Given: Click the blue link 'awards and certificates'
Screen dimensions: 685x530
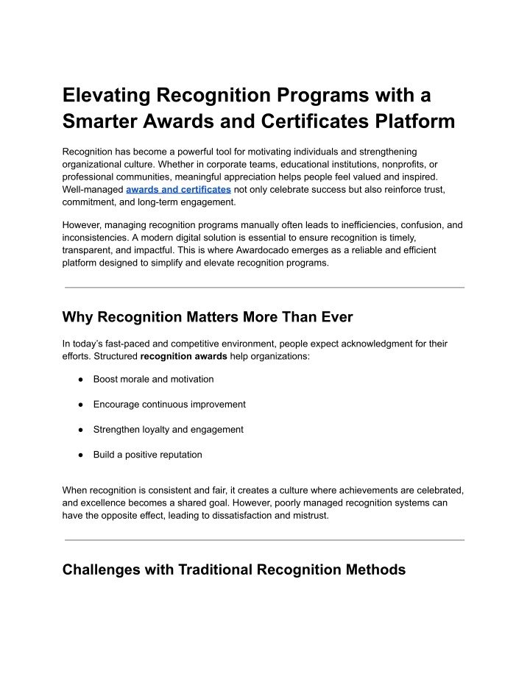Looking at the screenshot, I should coord(178,189).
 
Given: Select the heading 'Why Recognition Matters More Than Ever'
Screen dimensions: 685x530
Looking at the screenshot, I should coord(208,317).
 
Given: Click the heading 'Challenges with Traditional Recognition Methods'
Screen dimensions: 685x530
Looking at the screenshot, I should coord(234,569).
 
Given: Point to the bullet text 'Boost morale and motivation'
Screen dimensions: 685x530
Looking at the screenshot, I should coord(153,379).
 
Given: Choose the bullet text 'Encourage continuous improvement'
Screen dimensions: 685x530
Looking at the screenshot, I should coord(169,404).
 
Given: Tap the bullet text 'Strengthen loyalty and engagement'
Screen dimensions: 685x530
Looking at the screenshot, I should coord(169,429).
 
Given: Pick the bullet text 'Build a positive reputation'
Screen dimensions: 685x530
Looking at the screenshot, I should coord(147,454).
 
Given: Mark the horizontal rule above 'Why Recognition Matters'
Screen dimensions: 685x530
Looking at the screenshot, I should coord(264,287).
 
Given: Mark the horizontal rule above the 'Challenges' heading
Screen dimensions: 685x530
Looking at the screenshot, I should coord(264,540).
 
